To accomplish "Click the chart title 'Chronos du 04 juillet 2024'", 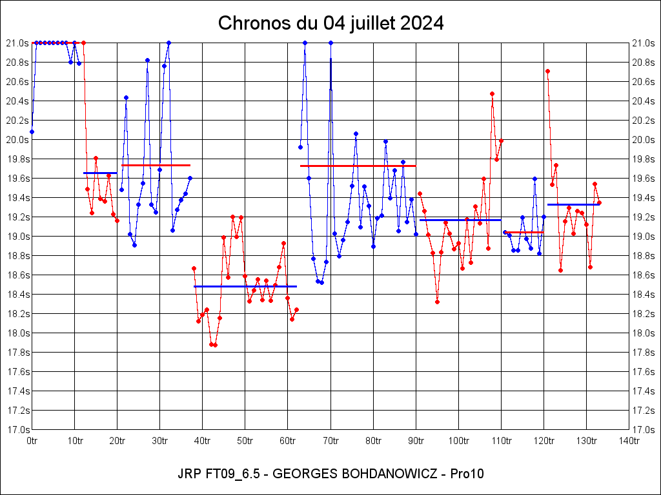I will (x=330, y=23).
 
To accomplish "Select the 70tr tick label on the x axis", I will (x=330, y=441).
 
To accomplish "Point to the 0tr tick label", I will (x=32, y=441).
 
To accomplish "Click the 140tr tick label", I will (x=629, y=441).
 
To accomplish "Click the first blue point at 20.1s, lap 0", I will (x=32, y=131).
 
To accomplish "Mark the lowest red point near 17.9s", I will (x=215, y=345).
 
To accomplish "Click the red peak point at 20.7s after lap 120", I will (x=547, y=71).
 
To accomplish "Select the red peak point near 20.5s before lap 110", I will (x=492, y=93).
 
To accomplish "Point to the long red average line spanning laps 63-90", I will (x=358, y=166).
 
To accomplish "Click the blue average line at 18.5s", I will (x=245, y=286).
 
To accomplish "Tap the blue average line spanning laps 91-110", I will (x=460, y=220).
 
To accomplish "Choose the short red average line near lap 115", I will (x=524, y=232).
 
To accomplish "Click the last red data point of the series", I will (x=599, y=202).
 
